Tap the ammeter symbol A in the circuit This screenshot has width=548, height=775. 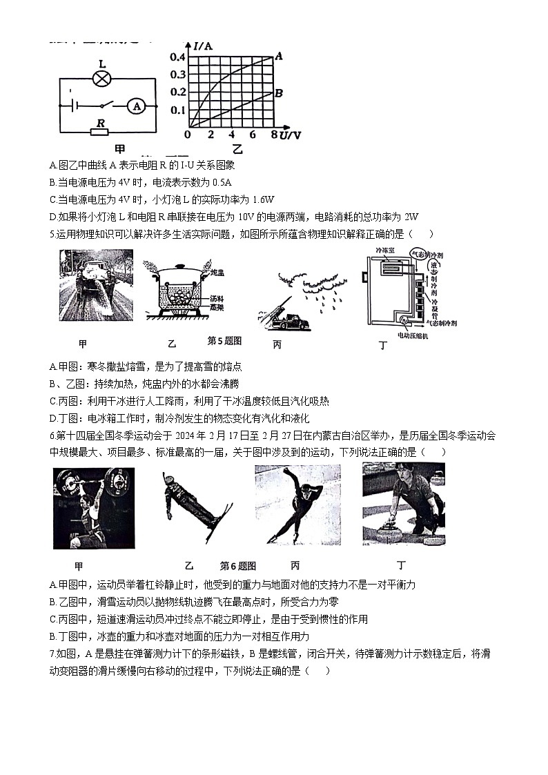tap(137, 106)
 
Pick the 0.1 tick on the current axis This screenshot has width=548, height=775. tap(178, 110)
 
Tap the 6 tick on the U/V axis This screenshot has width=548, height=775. tap(253, 135)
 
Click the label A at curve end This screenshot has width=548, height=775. tap(279, 56)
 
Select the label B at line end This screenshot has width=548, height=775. tap(279, 92)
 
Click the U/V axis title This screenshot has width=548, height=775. tap(290, 135)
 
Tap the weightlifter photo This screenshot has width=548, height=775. tap(94, 508)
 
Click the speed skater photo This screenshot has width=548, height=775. tap(297, 504)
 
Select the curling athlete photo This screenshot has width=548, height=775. tap(403, 504)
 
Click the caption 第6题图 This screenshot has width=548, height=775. tap(238, 566)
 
